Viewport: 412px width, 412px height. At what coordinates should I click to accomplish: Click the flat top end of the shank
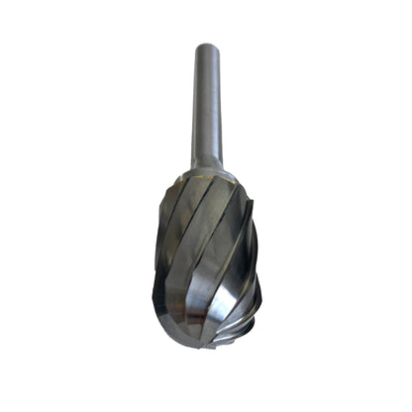pyautogui.click(x=206, y=46)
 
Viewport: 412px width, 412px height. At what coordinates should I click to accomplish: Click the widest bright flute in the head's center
pyautogui.click(x=203, y=257)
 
